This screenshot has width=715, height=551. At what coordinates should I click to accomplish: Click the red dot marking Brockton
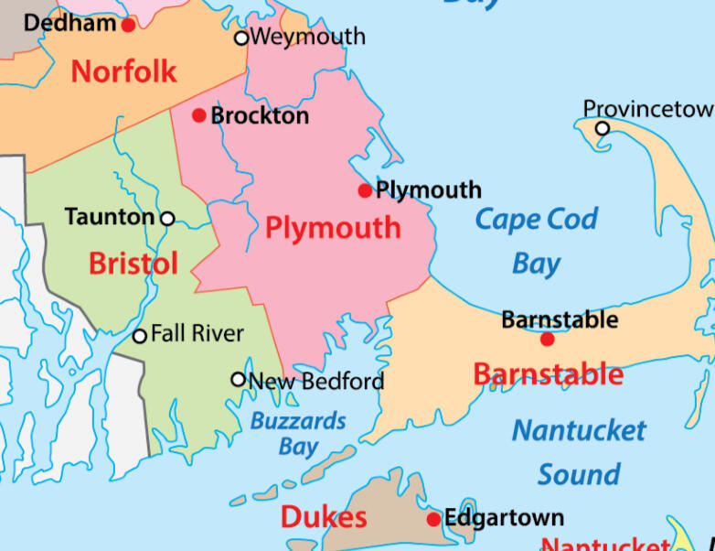pos(199,115)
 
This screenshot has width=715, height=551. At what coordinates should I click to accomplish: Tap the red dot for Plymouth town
pos(365,190)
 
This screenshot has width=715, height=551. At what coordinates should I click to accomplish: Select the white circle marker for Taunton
pos(167,218)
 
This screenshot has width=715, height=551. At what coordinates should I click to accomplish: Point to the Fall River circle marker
pos(140,336)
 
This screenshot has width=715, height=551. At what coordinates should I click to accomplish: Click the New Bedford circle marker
pos(239,379)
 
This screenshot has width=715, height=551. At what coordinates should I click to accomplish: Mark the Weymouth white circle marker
pos(241,38)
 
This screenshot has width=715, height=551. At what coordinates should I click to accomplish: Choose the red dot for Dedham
pos(128,25)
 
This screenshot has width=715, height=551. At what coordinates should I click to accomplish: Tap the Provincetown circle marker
pos(603,128)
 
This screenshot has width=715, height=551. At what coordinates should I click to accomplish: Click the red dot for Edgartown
pos(433,520)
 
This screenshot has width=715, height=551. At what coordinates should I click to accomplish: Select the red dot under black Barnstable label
pos(547,340)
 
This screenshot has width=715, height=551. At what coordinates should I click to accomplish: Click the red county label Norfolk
pos(123,70)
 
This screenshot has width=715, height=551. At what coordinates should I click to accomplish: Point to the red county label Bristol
pos(133,264)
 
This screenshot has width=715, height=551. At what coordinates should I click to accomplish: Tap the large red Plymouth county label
pos(333,227)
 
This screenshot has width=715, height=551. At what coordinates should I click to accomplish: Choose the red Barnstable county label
pos(549,373)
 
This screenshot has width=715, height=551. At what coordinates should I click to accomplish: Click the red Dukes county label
pos(324,517)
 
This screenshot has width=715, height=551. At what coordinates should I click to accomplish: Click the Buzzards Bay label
pos(299,434)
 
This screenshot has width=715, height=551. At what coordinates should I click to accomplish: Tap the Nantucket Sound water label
pos(579,452)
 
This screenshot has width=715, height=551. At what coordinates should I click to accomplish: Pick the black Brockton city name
pos(260,116)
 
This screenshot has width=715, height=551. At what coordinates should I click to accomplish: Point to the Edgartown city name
pos(505,518)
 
